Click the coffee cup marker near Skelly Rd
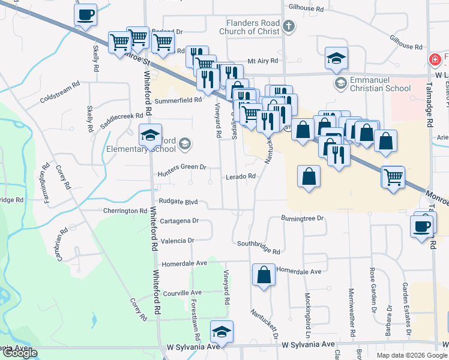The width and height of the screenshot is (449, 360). [x=85, y=14]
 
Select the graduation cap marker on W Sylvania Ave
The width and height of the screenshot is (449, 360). [x=221, y=332]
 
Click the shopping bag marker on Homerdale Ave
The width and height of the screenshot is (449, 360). [x=264, y=275]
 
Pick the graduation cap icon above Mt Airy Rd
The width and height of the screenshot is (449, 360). [x=336, y=58]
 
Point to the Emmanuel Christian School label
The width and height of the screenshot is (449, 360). [x=381, y=84]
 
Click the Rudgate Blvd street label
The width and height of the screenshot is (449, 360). [x=179, y=202]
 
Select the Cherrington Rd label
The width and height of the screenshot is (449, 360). [x=125, y=211]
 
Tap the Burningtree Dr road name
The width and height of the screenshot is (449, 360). [x=303, y=218]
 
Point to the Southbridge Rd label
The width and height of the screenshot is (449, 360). [x=259, y=247]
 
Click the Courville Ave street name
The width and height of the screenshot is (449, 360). [x=184, y=293]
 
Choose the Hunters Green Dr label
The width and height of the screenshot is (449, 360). [x=182, y=167]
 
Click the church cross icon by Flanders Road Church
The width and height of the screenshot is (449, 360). [x=289, y=26]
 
